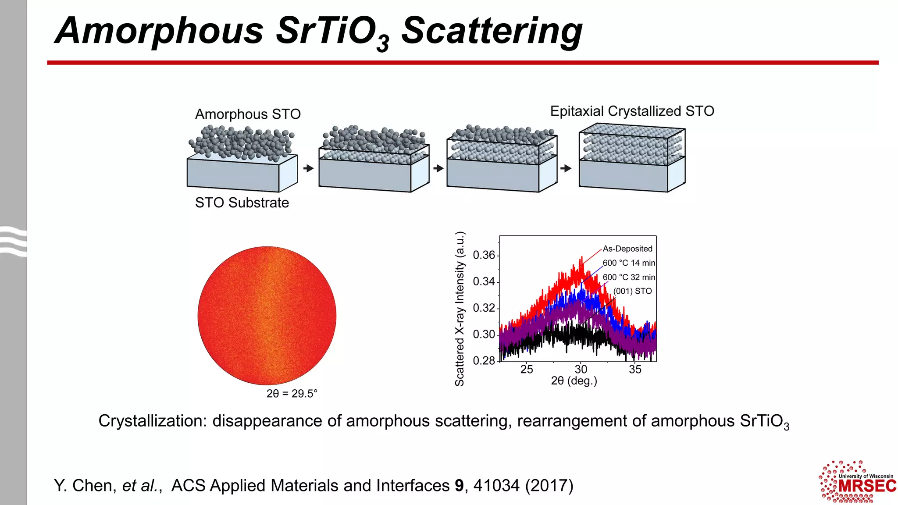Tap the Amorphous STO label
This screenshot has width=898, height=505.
pyautogui.click(x=248, y=114)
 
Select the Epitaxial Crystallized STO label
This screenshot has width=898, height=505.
pyautogui.click(x=632, y=111)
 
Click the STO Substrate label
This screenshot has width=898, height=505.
pyautogui.click(x=242, y=203)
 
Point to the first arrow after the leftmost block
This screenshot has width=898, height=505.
pyautogui.click(x=309, y=168)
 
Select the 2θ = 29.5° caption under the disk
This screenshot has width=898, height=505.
pyautogui.click(x=292, y=393)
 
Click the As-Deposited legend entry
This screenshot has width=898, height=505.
pyautogui.click(x=627, y=249)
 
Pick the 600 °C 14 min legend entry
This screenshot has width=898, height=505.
pyautogui.click(x=628, y=263)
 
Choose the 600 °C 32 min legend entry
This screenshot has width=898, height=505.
pyautogui.click(x=628, y=277)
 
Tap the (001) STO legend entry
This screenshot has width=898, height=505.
pyautogui.click(x=632, y=291)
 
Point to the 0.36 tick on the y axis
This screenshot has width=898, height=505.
pyautogui.click(x=484, y=255)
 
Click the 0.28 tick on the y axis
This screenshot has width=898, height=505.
pyautogui.click(x=484, y=360)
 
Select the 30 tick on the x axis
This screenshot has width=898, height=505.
pyautogui.click(x=581, y=369)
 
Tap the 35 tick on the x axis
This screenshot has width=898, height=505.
pyautogui.click(x=635, y=369)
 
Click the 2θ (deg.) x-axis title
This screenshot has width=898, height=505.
pyautogui.click(x=574, y=381)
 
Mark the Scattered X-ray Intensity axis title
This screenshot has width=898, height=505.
pyautogui.click(x=459, y=309)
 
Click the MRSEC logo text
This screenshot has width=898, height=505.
pyautogui.click(x=867, y=486)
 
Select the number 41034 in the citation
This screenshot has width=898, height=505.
pyautogui.click(x=496, y=486)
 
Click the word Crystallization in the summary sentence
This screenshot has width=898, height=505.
pyautogui.click(x=152, y=421)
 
